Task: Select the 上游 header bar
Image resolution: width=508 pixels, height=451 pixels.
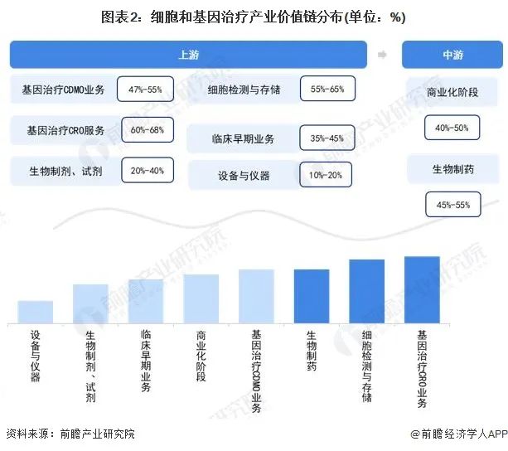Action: pos(188,55)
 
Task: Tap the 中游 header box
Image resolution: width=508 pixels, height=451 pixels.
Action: pos(453,55)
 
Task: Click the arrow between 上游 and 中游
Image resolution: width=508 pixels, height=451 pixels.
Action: pos(383,55)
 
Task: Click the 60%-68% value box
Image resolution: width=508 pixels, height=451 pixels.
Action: pos(148,130)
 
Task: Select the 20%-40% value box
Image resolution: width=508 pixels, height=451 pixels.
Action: pos(148,171)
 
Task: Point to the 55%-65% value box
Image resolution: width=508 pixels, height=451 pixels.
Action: pos(327,88)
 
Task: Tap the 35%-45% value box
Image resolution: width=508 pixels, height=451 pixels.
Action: pos(327,138)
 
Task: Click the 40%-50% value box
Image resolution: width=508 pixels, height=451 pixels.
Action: pos(452,128)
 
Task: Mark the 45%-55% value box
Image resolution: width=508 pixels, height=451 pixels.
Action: pos(452,204)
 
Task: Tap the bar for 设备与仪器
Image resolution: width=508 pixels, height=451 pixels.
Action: pos(36,312)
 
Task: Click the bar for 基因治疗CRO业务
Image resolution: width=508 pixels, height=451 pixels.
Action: pos(422,289)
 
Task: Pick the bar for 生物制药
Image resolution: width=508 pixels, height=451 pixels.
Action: pos(312,296)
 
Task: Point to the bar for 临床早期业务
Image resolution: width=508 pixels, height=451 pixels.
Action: pos(146,301)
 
